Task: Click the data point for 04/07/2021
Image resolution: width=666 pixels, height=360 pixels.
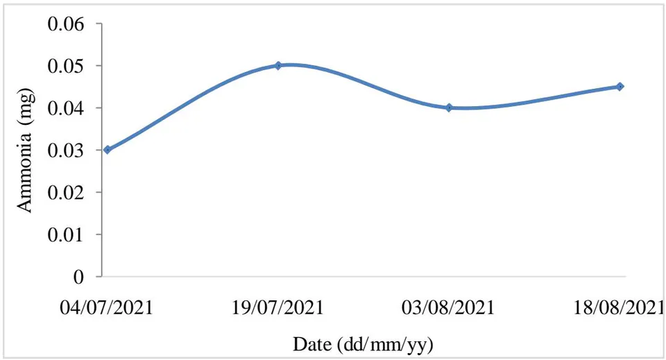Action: (x=108, y=150)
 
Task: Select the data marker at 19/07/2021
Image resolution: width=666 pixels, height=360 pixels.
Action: (x=278, y=65)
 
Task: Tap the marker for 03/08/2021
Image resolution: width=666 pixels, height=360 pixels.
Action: (x=449, y=108)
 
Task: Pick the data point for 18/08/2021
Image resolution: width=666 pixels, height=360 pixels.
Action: (x=620, y=87)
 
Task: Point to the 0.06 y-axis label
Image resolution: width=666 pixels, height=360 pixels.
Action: (x=66, y=24)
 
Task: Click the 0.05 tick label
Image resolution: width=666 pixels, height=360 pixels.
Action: (x=66, y=66)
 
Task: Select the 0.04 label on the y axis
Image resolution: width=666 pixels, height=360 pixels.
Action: (x=66, y=108)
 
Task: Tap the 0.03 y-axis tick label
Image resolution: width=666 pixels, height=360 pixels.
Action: (x=66, y=151)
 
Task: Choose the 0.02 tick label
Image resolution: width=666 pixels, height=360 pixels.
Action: (x=66, y=192)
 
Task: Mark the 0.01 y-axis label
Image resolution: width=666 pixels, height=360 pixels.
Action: (x=66, y=234)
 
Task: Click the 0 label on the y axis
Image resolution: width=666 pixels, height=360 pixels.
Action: (x=78, y=277)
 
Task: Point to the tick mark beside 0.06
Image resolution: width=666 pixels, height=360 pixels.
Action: (x=99, y=24)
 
